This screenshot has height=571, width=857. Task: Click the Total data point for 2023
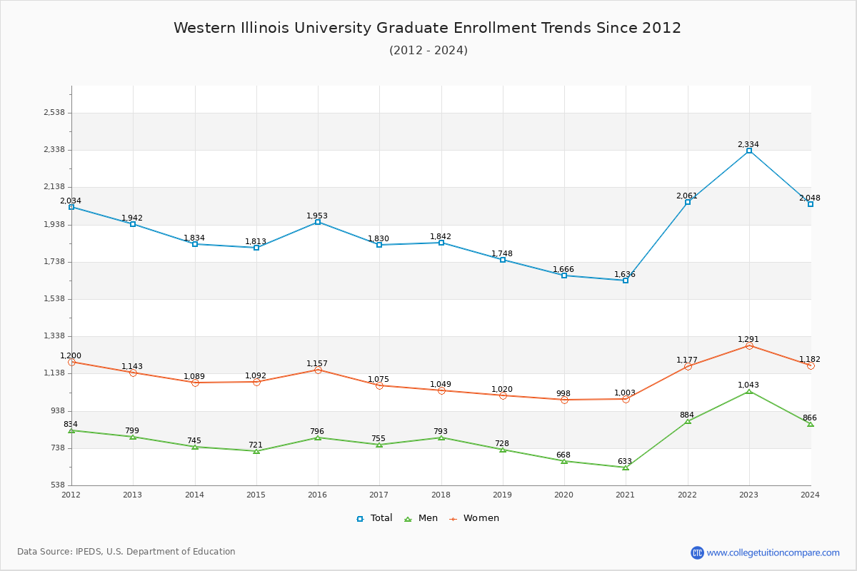[749, 151]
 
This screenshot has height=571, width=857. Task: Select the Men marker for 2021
[626, 468]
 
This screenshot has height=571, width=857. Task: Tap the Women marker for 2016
[318, 370]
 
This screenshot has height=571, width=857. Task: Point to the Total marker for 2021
[626, 281]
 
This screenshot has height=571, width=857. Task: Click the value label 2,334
[748, 144]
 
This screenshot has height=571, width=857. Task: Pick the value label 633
[625, 461]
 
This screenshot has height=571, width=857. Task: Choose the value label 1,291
[748, 339]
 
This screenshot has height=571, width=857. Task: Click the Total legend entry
[374, 518]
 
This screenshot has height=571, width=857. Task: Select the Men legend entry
[421, 518]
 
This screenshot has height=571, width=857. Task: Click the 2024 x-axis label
[810, 494]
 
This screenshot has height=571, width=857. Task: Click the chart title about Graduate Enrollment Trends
[427, 28]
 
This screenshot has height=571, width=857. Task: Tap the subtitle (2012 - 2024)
[428, 50]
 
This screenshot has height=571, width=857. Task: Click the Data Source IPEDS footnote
[126, 552]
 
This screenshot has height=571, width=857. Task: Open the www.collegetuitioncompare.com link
[773, 552]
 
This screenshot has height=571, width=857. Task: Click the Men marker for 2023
[749, 391]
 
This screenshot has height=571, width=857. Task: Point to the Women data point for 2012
[71, 362]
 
